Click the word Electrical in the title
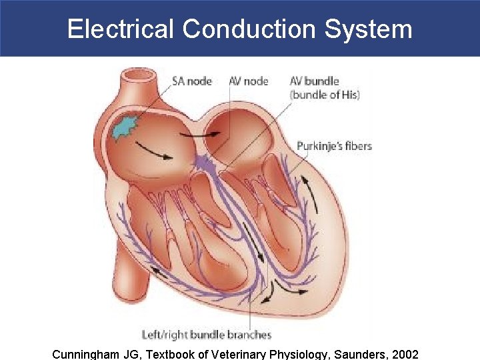click(120, 29)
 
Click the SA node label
click(192, 81)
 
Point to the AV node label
click(248, 81)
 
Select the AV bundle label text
click(314, 81)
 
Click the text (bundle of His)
click(325, 95)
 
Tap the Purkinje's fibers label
click(334, 146)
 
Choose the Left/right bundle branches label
click(207, 335)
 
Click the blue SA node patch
click(125, 127)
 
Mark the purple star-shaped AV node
click(203, 161)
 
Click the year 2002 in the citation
click(403, 353)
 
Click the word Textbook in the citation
click(169, 353)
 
